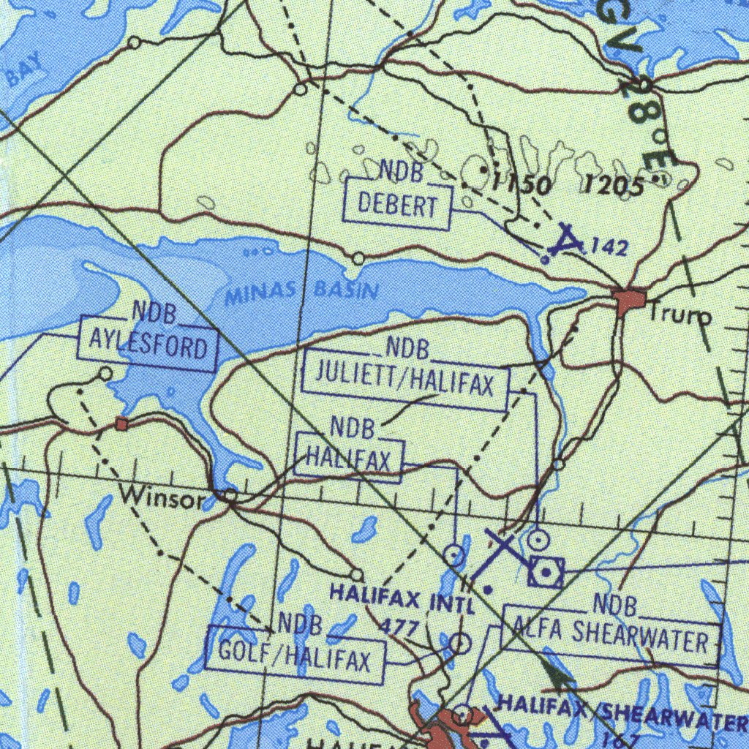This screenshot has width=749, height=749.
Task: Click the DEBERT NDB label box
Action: [x=397, y=206]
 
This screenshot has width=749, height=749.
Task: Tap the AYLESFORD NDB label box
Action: [x=148, y=342]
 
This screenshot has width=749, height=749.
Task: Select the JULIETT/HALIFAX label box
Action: [x=404, y=384]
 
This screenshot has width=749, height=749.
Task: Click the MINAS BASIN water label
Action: [x=301, y=292]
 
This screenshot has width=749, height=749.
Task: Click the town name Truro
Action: [x=681, y=315]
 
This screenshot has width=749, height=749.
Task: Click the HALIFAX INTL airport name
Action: [x=402, y=598]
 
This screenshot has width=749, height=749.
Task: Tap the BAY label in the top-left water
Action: [x=25, y=75]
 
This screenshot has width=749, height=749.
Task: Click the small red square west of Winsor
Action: [x=121, y=424]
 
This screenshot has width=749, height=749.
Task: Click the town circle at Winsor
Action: [x=230, y=497]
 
